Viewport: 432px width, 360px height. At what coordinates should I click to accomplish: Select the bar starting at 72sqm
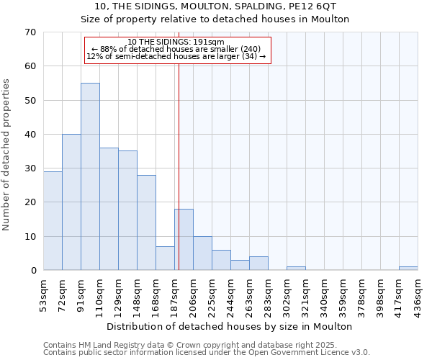coord(71,202)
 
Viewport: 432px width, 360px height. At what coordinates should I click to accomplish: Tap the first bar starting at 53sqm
coord(53,220)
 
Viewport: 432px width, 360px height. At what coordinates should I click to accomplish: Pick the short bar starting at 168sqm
coord(165,258)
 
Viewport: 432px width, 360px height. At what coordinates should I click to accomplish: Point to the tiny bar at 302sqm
coord(296,269)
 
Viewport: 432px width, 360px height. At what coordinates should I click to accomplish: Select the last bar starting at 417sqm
coord(408,269)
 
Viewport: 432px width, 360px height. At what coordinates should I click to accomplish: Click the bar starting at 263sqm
coord(258,264)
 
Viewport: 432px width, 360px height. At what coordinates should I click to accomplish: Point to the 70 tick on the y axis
coord(30,32)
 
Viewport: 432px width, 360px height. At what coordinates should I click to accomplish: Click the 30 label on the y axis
coord(30,168)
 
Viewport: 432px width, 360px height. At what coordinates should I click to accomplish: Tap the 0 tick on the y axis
coord(33,271)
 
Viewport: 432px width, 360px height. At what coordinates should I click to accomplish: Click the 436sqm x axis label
coord(418,294)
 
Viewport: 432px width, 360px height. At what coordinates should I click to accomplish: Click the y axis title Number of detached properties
coord(6,154)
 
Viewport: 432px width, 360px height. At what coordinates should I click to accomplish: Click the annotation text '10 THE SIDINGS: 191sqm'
coord(176,42)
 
